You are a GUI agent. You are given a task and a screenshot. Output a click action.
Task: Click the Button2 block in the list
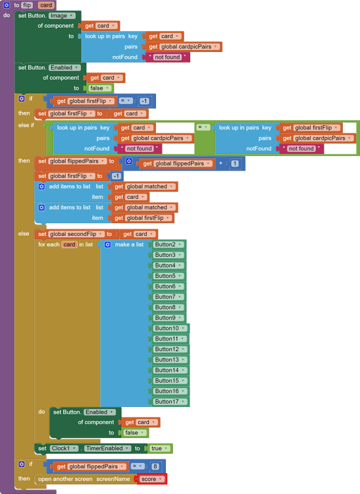tap(168, 244)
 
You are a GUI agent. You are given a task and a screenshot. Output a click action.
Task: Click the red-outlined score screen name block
tap(152, 479)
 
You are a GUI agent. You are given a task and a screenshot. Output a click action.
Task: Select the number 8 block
tap(155, 466)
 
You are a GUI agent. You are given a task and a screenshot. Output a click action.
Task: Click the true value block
tap(160, 449)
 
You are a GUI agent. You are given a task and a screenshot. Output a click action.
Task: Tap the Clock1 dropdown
tap(64, 449)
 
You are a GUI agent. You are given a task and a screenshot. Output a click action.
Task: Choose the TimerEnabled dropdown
tap(107, 449)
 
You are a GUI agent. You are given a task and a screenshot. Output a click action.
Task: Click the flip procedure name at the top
tap(27, 5)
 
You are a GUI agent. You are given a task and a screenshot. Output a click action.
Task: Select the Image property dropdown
tap(61, 15)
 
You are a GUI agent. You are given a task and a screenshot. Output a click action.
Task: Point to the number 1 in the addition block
tap(234, 163)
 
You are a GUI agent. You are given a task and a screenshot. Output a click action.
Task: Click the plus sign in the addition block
tap(220, 163)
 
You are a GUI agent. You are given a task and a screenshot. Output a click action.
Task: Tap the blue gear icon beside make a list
tap(108, 244)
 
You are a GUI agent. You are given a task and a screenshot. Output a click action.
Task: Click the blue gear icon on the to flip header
tap(7, 5)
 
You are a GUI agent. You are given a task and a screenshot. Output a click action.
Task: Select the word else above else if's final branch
tap(24, 234)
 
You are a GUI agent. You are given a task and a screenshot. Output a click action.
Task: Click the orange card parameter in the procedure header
tap(46, 5)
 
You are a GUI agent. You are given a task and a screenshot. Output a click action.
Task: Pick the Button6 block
tap(168, 287)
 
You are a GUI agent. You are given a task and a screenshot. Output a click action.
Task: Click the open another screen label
tap(65, 479)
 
